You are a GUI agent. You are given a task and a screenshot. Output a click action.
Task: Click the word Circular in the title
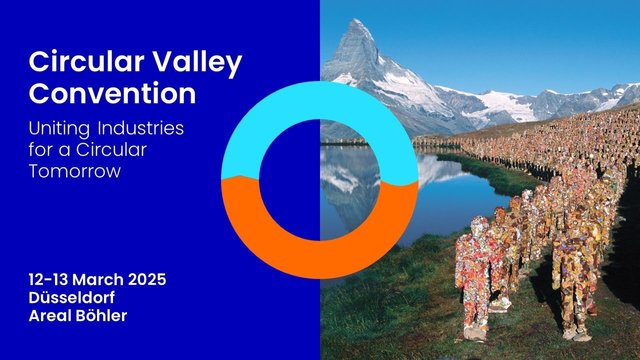[86, 62]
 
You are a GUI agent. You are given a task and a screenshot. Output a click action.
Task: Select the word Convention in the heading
[112, 93]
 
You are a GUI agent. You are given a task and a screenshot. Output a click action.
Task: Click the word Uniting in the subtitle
[59, 129]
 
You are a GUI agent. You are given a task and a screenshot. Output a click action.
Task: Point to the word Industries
[141, 128]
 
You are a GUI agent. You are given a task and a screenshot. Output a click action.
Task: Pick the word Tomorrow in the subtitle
[75, 171]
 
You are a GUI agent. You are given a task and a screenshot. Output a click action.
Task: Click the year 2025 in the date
[147, 280]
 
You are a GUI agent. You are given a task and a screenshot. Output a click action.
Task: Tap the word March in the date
[98, 280]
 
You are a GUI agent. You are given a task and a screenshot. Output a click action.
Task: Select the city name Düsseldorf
[72, 298]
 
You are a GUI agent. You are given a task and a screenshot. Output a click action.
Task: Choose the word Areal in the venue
[50, 316]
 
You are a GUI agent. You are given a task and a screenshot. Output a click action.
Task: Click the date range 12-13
[49, 280]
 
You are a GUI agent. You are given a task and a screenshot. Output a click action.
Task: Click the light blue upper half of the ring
[320, 100]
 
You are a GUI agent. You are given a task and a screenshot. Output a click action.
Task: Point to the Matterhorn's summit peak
[356, 21]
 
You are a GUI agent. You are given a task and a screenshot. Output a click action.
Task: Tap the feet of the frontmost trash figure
[476, 334]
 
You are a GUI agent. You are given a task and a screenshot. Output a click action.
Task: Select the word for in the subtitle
[41, 149]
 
